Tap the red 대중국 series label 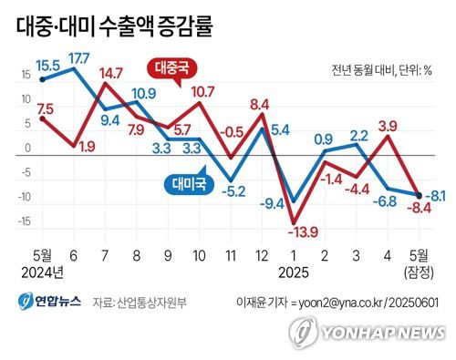tap(173, 68)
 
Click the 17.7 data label tap(78, 60)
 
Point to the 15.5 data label tap(49, 67)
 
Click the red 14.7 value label tap(111, 73)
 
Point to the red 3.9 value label tap(387, 126)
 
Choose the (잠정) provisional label tap(419, 272)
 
